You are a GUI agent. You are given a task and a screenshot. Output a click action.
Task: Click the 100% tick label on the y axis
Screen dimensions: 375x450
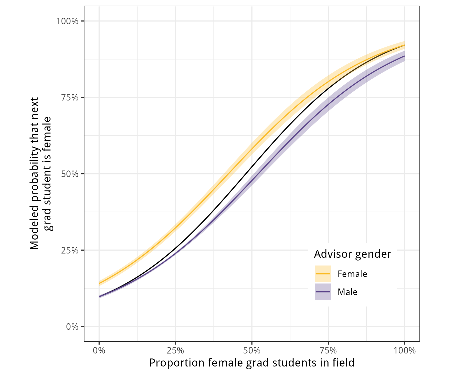(x=67, y=21)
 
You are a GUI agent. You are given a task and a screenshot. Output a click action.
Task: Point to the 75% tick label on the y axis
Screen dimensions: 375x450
(x=70, y=97)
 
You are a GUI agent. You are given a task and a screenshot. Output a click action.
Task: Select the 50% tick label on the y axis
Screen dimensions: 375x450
(x=70, y=174)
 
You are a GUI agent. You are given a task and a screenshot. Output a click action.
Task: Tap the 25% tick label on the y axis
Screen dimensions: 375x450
(x=70, y=250)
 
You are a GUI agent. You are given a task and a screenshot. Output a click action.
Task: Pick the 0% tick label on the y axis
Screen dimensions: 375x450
(x=72, y=327)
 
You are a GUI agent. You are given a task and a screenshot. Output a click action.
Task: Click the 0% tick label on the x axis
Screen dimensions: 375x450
(x=99, y=350)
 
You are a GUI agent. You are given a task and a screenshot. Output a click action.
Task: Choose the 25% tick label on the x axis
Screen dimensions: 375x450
(x=175, y=350)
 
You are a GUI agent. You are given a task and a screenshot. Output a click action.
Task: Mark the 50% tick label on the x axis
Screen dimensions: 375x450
(x=252, y=350)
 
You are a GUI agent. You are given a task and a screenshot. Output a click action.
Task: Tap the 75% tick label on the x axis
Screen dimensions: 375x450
(x=328, y=350)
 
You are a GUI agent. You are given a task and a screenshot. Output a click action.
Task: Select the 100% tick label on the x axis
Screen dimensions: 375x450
(x=404, y=350)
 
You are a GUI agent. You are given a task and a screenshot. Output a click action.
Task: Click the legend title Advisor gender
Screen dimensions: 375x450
(x=352, y=254)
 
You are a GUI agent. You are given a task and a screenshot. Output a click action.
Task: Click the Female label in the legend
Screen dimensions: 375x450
(x=352, y=274)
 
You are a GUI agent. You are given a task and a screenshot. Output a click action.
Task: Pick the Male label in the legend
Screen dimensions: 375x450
(x=347, y=292)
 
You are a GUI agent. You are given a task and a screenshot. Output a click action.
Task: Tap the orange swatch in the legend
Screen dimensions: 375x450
(x=323, y=274)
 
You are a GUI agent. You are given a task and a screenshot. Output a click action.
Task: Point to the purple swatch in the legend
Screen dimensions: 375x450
(x=323, y=292)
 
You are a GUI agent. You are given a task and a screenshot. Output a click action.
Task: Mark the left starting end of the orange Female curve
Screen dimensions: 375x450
(x=99, y=283)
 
